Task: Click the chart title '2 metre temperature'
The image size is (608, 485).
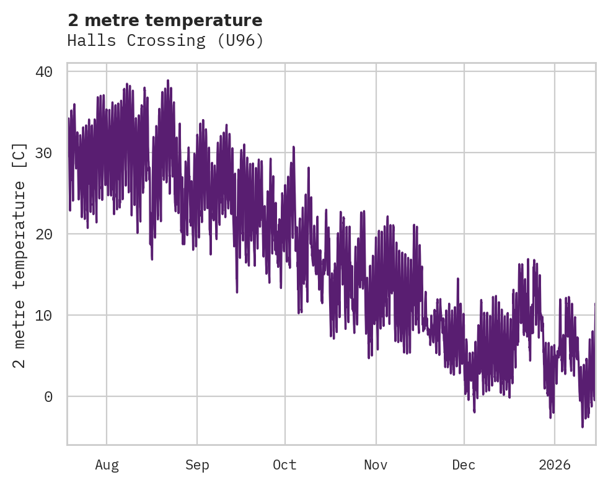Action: point(165,20)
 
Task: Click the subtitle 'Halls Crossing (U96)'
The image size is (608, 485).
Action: point(165,41)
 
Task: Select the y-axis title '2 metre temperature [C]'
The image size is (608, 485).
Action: point(20,255)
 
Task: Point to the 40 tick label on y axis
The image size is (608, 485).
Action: point(44,72)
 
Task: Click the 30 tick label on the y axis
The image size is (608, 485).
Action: point(44,153)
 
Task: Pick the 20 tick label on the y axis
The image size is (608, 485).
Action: point(44,234)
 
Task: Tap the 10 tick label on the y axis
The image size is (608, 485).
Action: point(44,316)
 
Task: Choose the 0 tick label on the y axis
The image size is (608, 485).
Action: point(48,397)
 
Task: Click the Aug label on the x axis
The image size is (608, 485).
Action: point(107,465)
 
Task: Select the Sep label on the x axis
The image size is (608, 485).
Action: point(197,465)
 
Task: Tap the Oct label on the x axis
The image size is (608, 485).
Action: point(285,465)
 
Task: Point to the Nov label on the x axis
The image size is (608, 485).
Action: point(376,465)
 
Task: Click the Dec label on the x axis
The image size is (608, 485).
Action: point(464,465)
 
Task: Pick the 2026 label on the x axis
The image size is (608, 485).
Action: point(554,465)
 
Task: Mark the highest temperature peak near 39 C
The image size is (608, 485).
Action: point(167,81)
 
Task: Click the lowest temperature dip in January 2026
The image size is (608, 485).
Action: point(583,426)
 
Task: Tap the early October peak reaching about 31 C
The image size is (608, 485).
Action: point(293,147)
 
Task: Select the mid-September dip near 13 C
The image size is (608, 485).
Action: point(237,291)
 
